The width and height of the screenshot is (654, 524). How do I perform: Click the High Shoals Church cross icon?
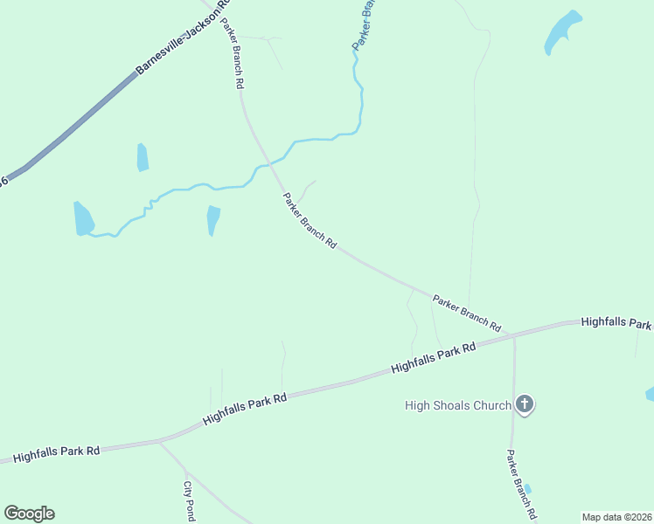coord(524,403)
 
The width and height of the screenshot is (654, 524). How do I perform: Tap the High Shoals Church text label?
coord(457,405)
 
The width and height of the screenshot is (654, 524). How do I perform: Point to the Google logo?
coord(29,514)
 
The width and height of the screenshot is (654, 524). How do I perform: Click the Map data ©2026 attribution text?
coord(616,517)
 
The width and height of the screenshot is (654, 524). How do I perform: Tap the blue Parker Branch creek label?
coord(365,24)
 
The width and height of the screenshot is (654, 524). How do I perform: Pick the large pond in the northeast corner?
coord(561,33)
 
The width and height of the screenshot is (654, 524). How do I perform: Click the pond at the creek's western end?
coord(83,218)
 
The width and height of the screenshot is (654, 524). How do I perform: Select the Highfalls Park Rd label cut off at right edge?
coord(617,322)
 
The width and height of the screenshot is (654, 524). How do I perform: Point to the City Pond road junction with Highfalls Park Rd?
coord(158,441)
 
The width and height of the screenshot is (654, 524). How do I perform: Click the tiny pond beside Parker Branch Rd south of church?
coord(527,488)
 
